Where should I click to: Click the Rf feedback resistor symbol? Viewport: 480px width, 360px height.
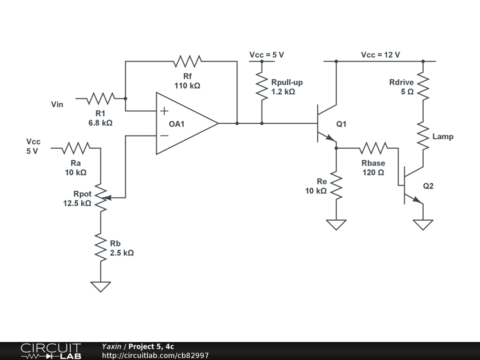(x=187, y=61)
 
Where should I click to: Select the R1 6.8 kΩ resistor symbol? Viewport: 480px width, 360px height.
(x=101, y=98)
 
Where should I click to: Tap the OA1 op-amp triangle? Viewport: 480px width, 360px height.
(x=185, y=123)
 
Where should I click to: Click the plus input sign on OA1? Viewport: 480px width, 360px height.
(x=164, y=111)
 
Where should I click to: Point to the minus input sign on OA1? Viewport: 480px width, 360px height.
(x=164, y=136)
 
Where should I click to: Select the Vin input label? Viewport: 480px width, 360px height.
(x=57, y=104)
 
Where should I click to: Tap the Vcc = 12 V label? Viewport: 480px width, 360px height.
(x=380, y=55)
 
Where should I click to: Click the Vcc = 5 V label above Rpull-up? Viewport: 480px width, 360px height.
(x=266, y=55)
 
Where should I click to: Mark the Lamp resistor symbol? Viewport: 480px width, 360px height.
(x=423, y=136)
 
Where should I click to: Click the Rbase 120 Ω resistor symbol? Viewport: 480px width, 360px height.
(x=374, y=148)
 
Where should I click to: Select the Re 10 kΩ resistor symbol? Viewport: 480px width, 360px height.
(x=336, y=186)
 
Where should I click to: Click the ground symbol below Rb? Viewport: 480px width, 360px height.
(x=101, y=286)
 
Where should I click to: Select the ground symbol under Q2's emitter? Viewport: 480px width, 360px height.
(x=423, y=225)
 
